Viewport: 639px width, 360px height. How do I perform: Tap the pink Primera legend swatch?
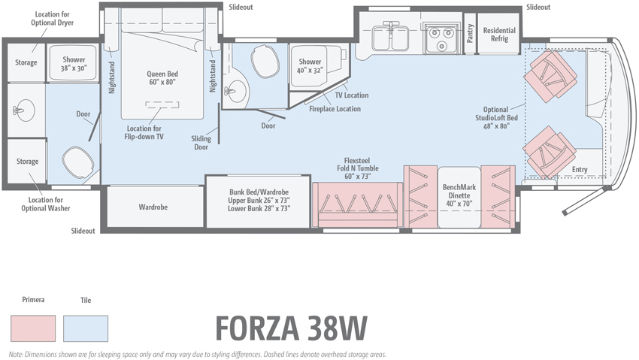(33, 328)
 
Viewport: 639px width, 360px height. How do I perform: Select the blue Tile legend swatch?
(86, 328)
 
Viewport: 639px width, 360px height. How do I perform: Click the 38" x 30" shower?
(74, 63)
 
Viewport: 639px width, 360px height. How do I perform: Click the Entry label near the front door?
(580, 170)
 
